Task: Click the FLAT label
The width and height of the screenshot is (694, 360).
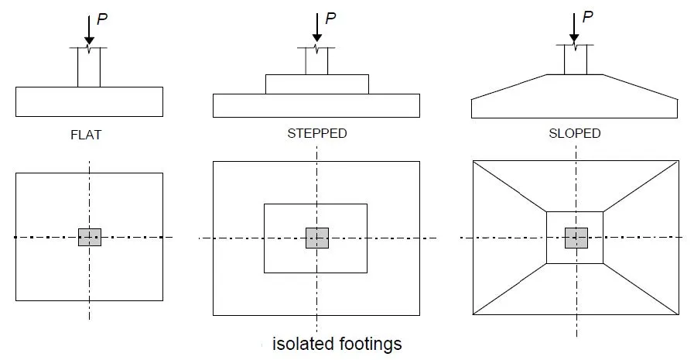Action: [x=85, y=135]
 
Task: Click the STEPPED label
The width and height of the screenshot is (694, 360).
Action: [x=316, y=134]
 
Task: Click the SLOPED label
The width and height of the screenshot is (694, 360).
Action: [x=574, y=134]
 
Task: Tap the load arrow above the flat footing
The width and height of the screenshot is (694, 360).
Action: [x=89, y=30]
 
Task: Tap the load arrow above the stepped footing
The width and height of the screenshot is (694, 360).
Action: [x=316, y=29]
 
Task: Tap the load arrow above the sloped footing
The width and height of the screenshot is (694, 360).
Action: [x=573, y=28]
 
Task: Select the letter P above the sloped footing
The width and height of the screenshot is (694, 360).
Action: [x=586, y=17]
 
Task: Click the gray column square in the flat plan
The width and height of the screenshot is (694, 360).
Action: [x=89, y=238]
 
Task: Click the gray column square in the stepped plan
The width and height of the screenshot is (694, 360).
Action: [x=316, y=238]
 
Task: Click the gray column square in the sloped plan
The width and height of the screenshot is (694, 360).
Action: [x=576, y=238]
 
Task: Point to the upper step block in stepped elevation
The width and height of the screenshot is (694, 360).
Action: [x=316, y=84]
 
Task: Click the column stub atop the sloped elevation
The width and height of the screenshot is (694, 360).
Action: [x=575, y=60]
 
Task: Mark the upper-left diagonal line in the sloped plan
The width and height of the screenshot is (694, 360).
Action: [x=510, y=186]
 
